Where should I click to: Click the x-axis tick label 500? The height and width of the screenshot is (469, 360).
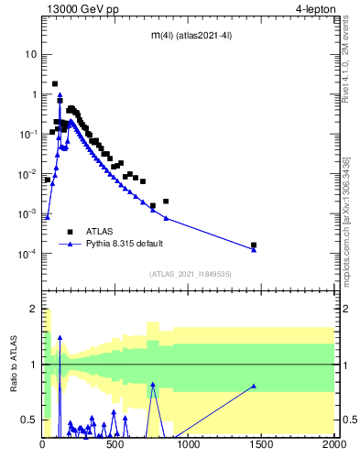coord(115,446)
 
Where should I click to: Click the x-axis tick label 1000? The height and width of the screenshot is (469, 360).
coord(189,446)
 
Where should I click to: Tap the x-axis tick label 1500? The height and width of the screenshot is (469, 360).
coord(261,446)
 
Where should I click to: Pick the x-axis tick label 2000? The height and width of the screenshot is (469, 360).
coord(333,446)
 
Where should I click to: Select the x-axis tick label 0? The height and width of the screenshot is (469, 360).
coord(43,446)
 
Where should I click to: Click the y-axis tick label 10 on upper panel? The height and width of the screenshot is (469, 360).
coord(31,54)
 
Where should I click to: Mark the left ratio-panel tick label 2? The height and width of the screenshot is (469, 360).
coord(34,310)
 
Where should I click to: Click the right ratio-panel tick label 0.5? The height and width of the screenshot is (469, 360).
coord(348,420)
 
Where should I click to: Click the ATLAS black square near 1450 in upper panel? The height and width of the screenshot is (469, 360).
coord(254,245)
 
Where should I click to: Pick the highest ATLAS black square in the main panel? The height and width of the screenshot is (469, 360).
coord(55,84)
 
